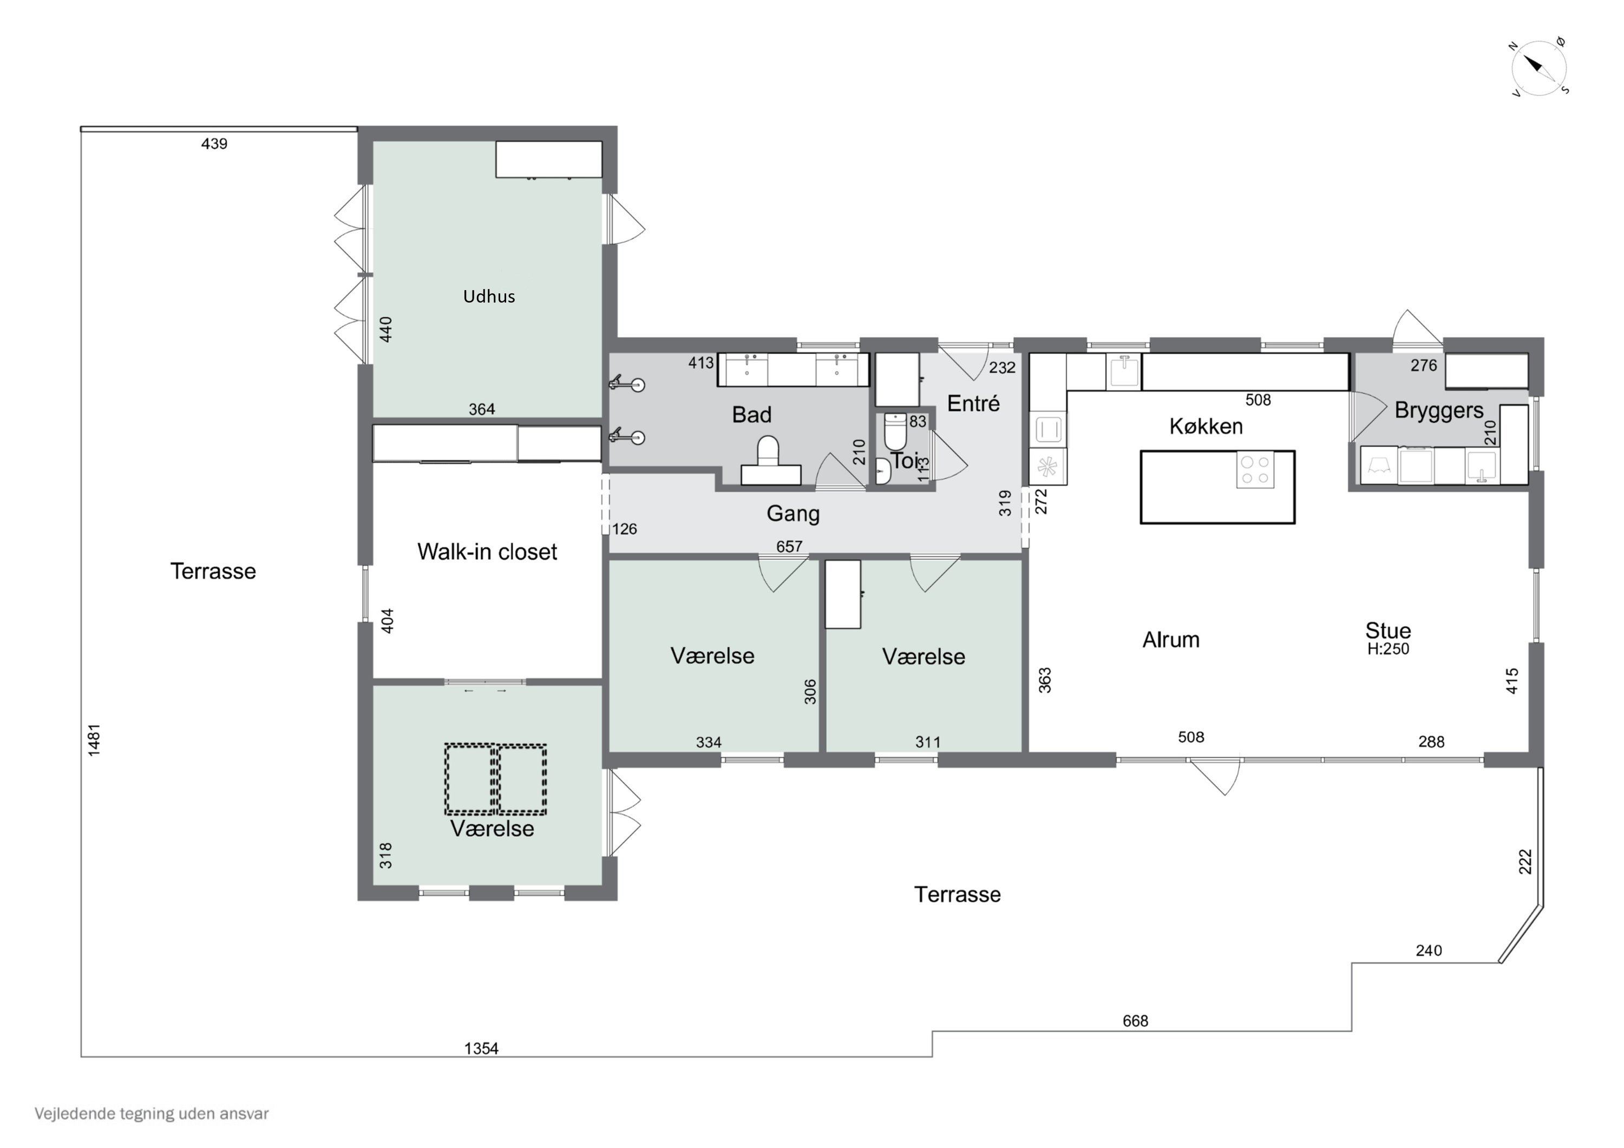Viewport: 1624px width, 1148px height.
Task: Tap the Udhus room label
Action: (489, 297)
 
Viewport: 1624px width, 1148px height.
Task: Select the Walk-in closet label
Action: (487, 552)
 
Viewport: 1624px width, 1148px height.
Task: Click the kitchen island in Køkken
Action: (1217, 487)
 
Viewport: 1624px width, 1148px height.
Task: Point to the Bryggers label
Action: (1439, 411)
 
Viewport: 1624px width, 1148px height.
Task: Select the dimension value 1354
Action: (481, 1048)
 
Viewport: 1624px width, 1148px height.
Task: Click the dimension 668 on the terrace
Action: (1135, 1021)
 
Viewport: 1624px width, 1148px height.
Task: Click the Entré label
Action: (973, 403)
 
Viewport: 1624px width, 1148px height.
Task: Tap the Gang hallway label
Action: (793, 514)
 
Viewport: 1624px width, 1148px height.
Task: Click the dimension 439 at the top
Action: (214, 143)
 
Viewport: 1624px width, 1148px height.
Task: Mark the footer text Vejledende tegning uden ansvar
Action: (152, 1113)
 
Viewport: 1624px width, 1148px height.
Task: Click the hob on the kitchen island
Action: (1255, 470)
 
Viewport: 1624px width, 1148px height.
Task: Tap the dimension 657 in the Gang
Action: (789, 546)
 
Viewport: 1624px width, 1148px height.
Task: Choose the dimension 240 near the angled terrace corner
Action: (1428, 950)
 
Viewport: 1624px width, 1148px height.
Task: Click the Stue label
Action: (1388, 630)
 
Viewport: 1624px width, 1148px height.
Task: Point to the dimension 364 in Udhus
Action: (482, 409)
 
